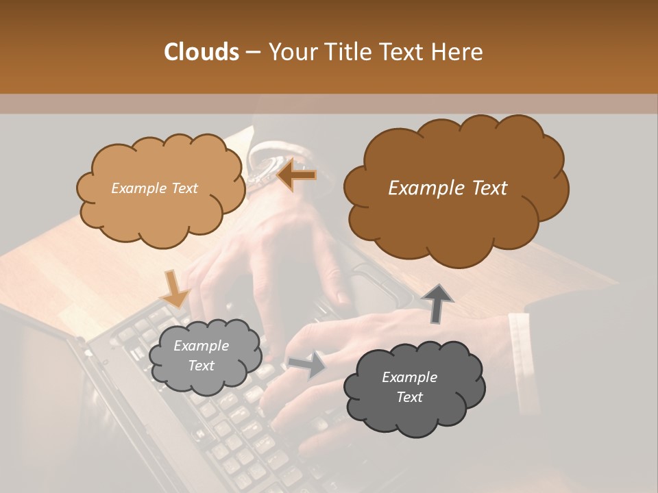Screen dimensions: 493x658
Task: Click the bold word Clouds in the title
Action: [202, 51]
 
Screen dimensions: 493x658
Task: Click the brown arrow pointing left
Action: [296, 175]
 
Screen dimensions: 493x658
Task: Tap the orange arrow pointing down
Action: [175, 289]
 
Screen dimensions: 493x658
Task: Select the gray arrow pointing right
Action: [307, 365]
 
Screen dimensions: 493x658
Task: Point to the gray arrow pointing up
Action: [436, 302]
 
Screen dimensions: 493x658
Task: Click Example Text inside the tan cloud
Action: [154, 188]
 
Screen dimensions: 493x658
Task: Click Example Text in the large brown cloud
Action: [448, 188]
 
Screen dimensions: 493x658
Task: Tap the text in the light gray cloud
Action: [202, 356]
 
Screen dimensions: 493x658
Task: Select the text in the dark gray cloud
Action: [409, 387]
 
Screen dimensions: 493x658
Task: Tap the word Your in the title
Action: [289, 51]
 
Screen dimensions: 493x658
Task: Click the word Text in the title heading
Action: [403, 51]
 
